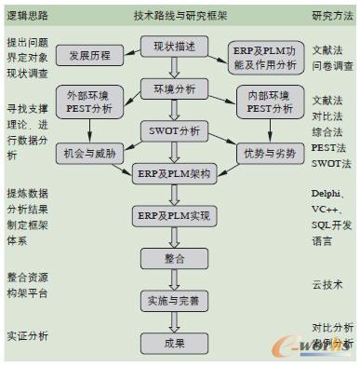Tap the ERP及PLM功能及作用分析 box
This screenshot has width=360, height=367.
tap(264, 59)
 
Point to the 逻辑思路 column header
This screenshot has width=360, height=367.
tap(28, 16)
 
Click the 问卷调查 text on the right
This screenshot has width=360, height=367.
tap(331, 68)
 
